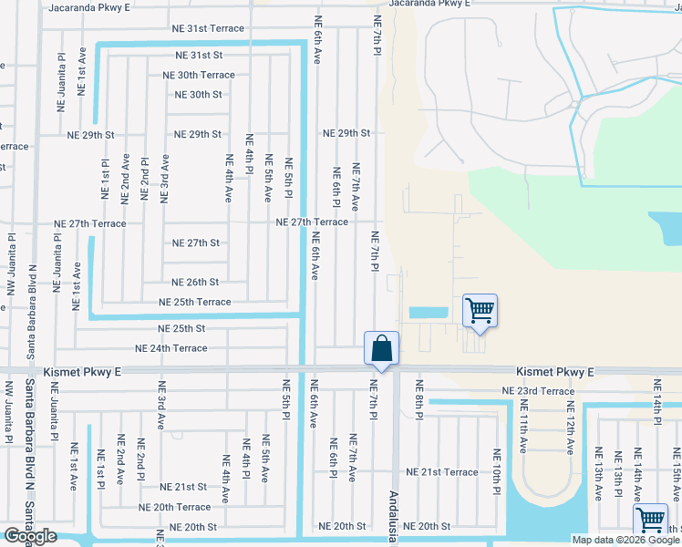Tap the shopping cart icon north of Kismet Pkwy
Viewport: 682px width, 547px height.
[480, 311]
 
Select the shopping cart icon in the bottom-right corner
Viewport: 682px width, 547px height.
[650, 521]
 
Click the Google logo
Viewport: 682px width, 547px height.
[30, 536]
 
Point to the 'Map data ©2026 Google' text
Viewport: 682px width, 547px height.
[625, 540]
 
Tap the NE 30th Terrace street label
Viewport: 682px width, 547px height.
[198, 76]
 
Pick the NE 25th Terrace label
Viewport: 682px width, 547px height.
[194, 302]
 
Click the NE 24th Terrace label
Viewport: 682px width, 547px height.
[170, 348]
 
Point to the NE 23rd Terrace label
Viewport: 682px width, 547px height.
[539, 391]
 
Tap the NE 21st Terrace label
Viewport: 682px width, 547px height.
[441, 472]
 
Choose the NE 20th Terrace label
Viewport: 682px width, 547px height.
[174, 507]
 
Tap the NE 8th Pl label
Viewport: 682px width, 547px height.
[419, 399]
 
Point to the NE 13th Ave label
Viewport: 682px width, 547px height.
[598, 474]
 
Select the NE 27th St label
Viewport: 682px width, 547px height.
[196, 243]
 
